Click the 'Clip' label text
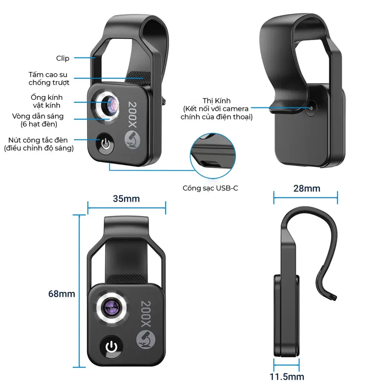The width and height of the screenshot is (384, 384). click(63, 58)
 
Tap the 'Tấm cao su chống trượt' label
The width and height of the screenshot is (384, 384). click(49, 79)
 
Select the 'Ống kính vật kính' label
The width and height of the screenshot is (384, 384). click(47, 101)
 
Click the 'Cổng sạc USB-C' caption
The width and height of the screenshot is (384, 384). click(210, 188)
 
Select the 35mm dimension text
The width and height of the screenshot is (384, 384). click(126, 198)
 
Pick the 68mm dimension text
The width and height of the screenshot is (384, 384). click(61, 294)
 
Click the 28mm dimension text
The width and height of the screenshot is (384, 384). click(307, 188)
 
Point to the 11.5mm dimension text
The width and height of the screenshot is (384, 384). click(287, 376)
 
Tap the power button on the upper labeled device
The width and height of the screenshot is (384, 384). click(105, 144)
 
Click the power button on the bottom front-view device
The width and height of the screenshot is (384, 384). click(111, 347)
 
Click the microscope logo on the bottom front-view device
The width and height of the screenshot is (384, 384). click(145, 340)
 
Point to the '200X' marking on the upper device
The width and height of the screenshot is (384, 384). click(133, 114)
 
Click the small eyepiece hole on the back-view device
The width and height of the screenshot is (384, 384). click(311, 108)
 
